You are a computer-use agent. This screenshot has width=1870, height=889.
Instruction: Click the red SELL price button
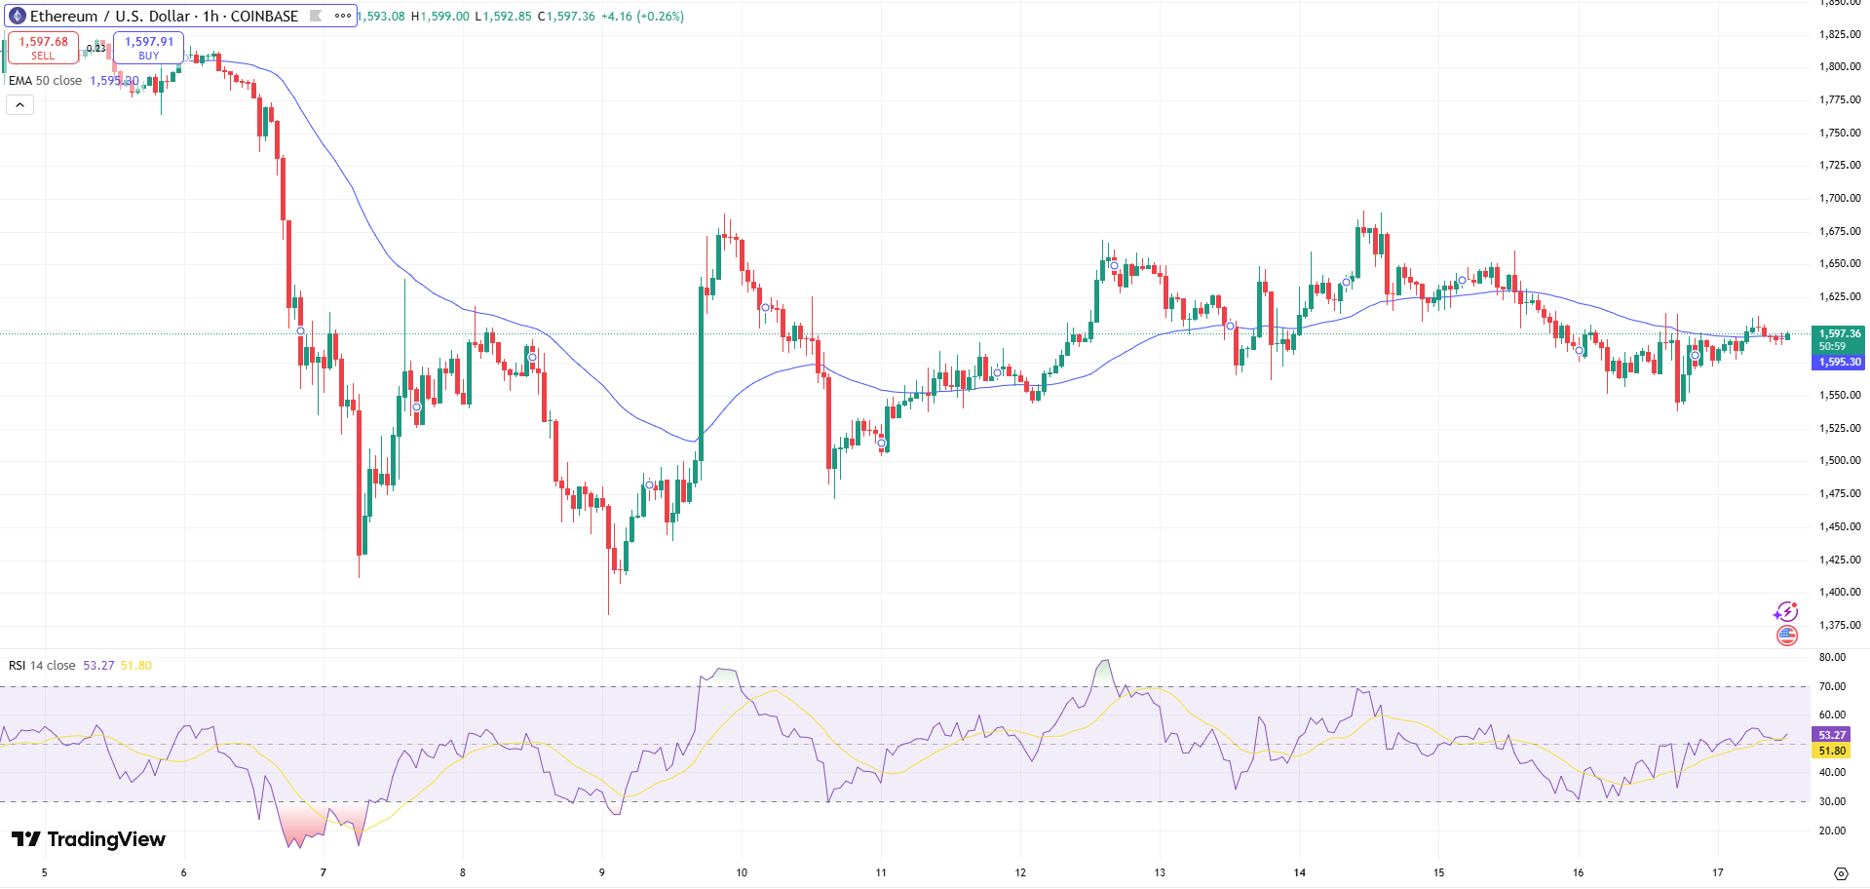pos(43,48)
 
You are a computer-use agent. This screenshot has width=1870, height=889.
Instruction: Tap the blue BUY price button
pos(148,48)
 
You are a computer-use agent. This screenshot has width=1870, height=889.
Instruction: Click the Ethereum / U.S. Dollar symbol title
pos(163,17)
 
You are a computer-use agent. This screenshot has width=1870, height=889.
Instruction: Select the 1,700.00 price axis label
pos(1840,198)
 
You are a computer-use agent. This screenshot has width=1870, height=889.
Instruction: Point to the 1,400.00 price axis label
pos(1840,592)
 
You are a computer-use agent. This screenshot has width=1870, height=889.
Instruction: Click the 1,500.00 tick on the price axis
pos(1840,460)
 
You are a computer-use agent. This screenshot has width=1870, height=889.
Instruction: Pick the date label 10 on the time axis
pos(742,872)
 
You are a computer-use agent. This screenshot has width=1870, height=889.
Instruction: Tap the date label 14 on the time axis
pos(1299,872)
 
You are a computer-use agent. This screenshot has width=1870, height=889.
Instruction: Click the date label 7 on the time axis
pos(324,872)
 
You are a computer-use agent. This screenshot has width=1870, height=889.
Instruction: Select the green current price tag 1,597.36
pos(1839,334)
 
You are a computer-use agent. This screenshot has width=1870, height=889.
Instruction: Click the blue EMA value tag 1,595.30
pos(1839,362)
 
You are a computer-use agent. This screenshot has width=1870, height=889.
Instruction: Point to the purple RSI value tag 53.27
pos(1832,735)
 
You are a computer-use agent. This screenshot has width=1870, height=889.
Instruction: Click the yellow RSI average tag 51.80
pos(1832,751)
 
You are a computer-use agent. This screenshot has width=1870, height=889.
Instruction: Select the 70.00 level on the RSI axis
pos(1832,686)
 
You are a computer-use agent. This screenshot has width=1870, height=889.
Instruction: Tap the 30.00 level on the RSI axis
pos(1832,801)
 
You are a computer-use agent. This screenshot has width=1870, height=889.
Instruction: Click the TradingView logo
pos(89,839)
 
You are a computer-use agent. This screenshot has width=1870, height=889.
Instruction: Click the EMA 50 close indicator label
pos(45,81)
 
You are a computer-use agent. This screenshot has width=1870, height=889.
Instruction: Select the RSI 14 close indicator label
pos(42,666)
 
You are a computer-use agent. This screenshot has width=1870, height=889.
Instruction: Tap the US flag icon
pos(1786,636)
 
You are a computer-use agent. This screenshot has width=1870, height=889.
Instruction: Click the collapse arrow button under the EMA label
pos(19,104)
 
